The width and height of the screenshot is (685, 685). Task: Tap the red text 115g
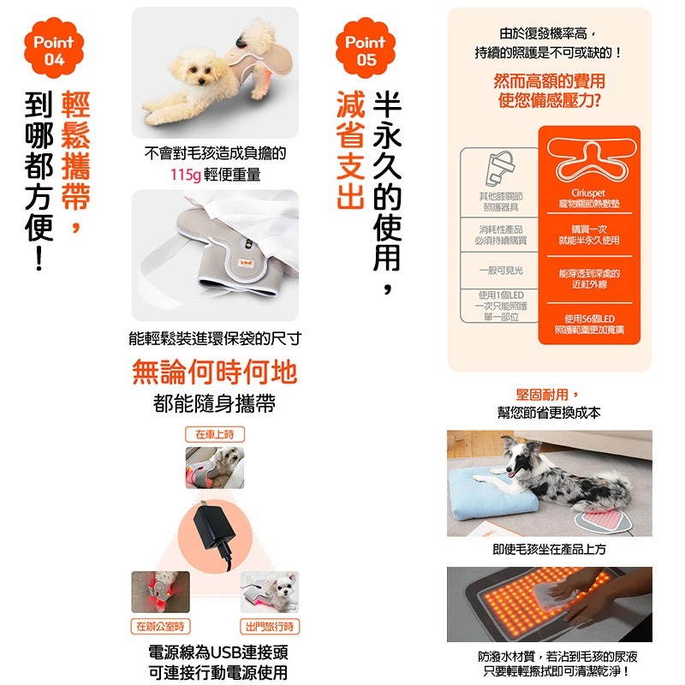pos(184,176)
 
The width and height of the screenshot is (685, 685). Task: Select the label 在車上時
pos(215,434)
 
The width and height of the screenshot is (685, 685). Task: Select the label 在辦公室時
pos(160,626)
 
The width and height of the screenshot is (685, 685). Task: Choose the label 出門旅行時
pos(270,626)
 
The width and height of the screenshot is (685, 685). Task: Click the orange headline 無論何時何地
pos(215,372)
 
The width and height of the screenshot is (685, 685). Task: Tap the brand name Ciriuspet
pos(588,194)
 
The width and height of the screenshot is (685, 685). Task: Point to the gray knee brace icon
pos(502,168)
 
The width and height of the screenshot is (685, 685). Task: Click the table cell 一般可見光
pos(502,270)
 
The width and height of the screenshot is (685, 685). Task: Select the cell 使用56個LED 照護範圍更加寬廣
pos(588,324)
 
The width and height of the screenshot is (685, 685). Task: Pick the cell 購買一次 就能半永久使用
pos(588,235)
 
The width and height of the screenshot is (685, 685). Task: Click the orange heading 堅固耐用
pos(548,394)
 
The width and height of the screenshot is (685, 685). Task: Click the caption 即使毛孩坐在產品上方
pos(549,548)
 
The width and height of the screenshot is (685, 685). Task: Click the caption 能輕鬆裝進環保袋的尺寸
pos(214,338)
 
